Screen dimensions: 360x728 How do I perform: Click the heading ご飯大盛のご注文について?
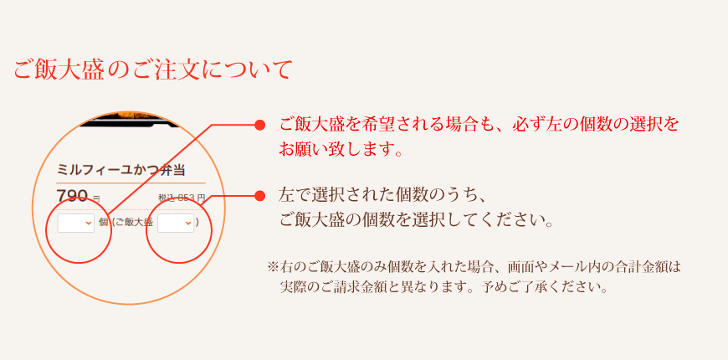coord(152,69)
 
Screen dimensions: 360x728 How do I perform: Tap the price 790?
coord(72,197)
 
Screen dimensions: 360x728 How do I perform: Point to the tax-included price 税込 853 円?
coord(182,198)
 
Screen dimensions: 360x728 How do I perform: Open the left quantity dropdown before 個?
coord(75,223)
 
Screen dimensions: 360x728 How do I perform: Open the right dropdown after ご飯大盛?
coord(175,223)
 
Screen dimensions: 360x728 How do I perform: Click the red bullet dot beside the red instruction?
coord(259,125)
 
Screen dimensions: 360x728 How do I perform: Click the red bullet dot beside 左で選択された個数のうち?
coord(259,195)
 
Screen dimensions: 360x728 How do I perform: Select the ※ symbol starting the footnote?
coord(273,267)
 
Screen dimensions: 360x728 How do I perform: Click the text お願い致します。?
coord(341,151)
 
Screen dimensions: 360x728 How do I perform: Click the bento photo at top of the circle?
coord(130,120)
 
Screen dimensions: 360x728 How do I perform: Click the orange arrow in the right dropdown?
coord(187,224)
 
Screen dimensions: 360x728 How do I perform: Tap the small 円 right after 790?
coord(96,199)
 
